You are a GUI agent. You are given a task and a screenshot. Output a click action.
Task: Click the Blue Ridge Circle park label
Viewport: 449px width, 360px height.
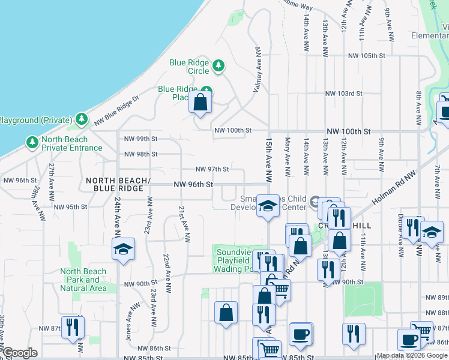coord(189,67)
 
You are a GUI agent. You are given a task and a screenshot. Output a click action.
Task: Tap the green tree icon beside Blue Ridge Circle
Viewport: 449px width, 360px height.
coord(219,65)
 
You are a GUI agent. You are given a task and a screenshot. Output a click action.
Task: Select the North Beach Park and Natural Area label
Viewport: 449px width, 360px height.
coord(83,280)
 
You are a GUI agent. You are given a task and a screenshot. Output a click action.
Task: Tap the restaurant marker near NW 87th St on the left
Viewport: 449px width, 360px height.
coord(73,328)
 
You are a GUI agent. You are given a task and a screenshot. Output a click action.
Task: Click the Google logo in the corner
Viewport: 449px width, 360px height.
coord(20,353)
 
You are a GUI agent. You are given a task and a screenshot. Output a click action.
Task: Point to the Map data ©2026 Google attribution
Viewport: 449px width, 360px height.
coord(412,356)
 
